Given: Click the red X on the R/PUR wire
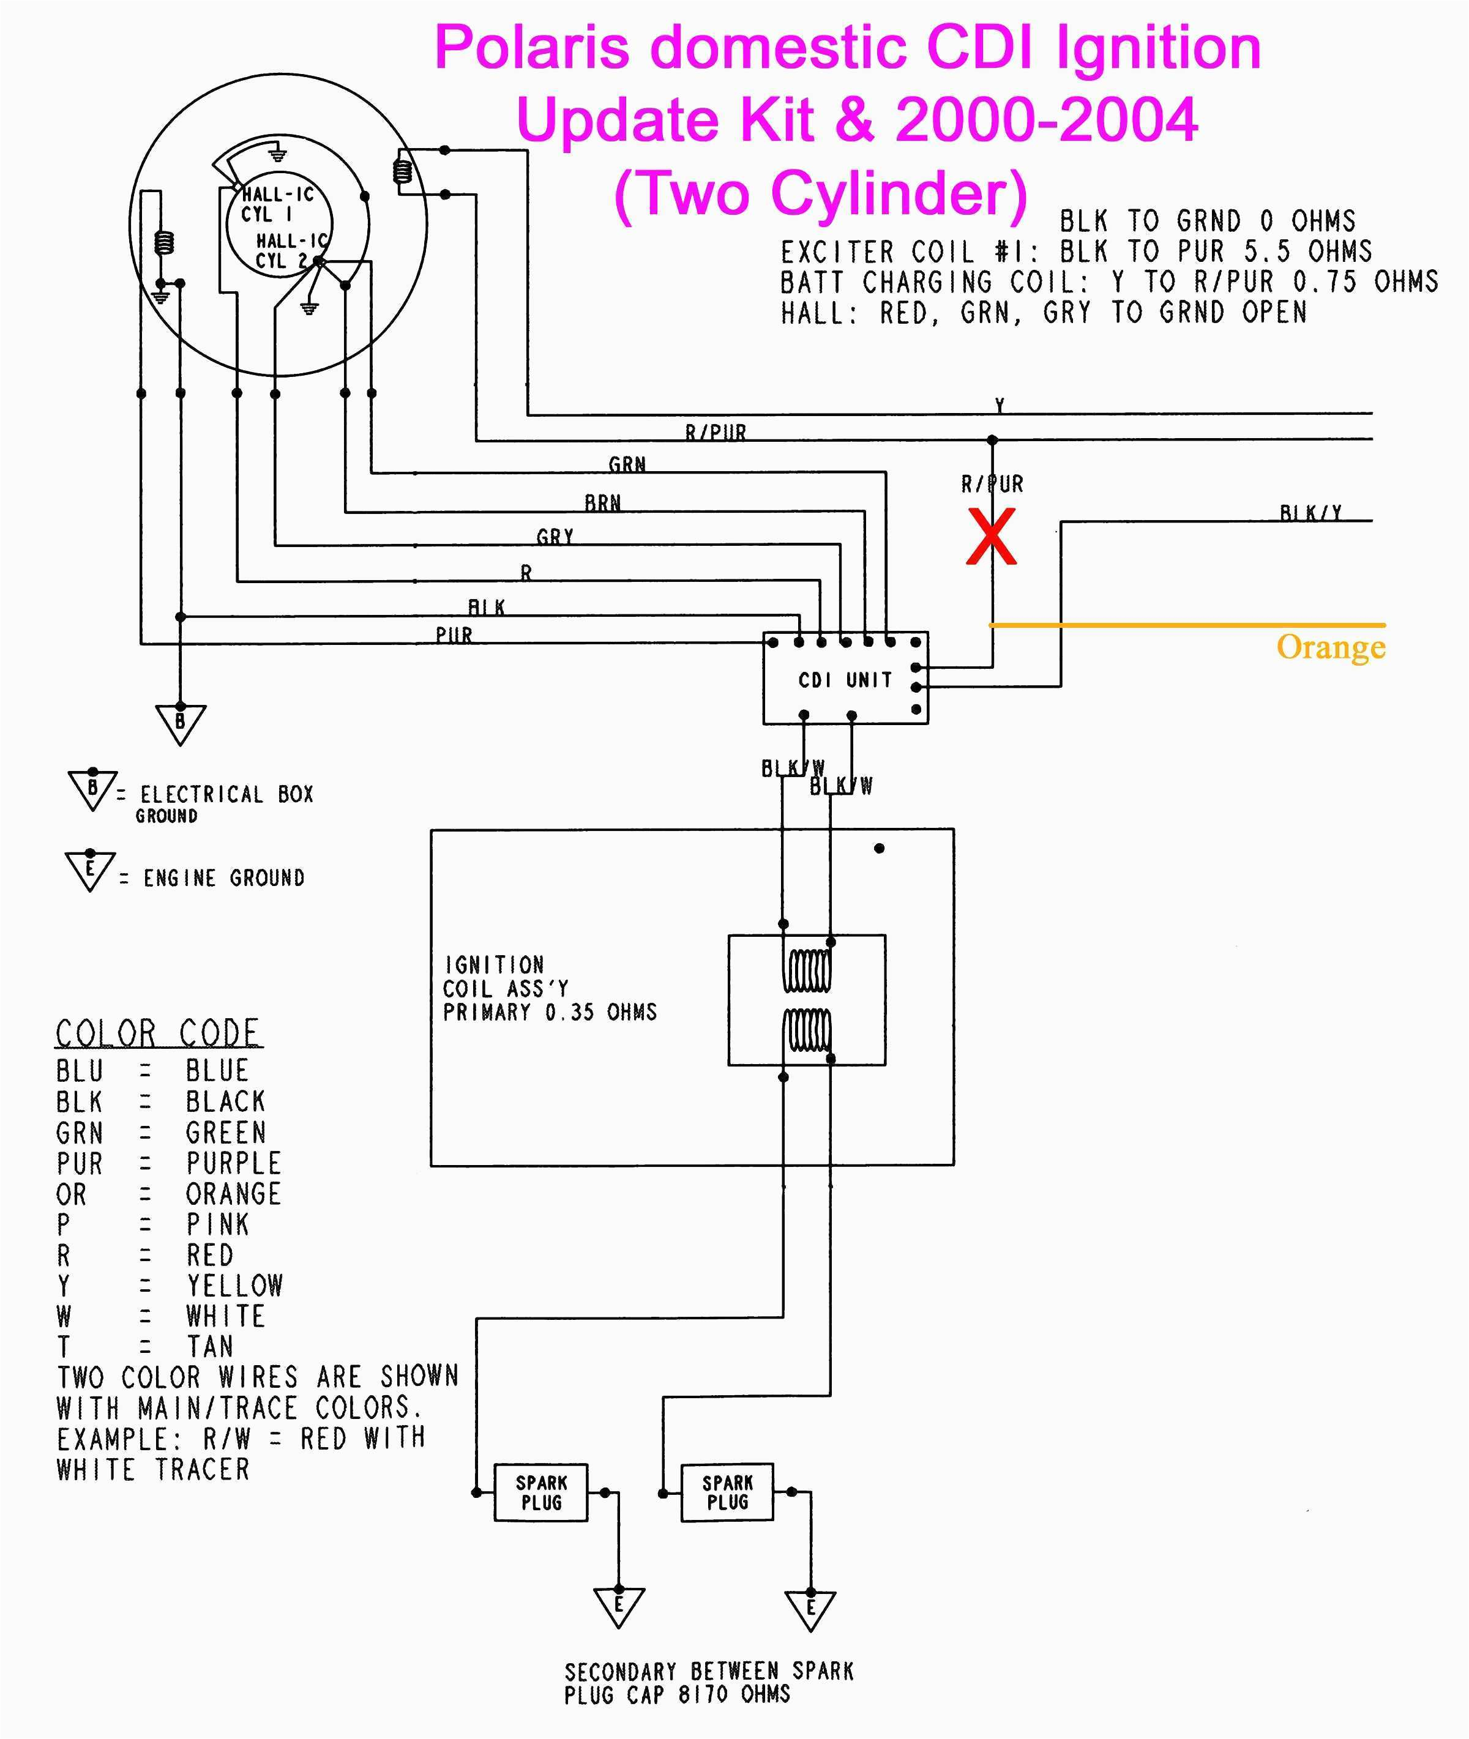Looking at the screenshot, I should [x=991, y=538].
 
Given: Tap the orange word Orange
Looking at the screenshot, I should [x=1330, y=647].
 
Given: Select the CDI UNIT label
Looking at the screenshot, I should [x=845, y=680].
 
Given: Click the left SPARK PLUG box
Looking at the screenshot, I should [x=541, y=1492].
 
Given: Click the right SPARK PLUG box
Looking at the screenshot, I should [x=727, y=1492].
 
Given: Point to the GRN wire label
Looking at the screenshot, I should [x=627, y=464].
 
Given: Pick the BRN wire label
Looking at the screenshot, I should [x=602, y=503].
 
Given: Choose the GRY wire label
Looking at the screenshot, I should [x=555, y=537].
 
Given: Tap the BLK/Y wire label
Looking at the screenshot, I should [x=1310, y=513].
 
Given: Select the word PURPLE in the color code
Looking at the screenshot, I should [x=233, y=1163].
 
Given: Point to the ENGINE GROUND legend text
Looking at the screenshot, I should [x=223, y=878].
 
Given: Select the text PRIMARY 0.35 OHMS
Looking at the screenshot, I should [x=550, y=1012].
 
